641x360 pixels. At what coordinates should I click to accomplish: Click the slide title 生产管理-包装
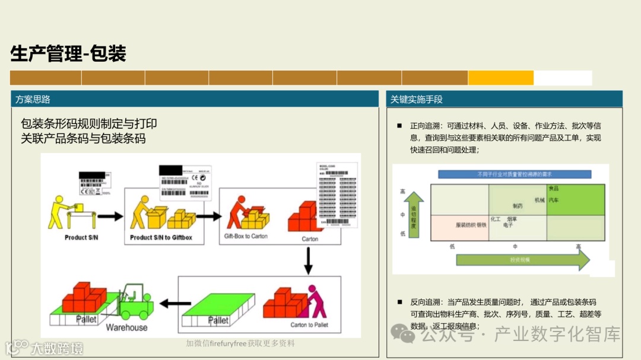[68, 54]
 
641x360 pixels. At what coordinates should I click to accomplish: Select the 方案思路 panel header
[33, 99]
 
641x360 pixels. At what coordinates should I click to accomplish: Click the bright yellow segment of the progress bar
[500, 78]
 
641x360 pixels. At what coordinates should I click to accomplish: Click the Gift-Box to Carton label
[246, 236]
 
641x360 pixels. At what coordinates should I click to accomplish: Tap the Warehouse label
[126, 327]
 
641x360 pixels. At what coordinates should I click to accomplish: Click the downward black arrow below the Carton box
[308, 260]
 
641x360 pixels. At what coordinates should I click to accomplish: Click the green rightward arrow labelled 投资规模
[522, 260]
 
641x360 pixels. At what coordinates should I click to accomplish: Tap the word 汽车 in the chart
[553, 200]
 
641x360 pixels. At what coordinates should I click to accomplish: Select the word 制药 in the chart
[518, 206]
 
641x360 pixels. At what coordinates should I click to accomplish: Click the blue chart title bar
[514, 174]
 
